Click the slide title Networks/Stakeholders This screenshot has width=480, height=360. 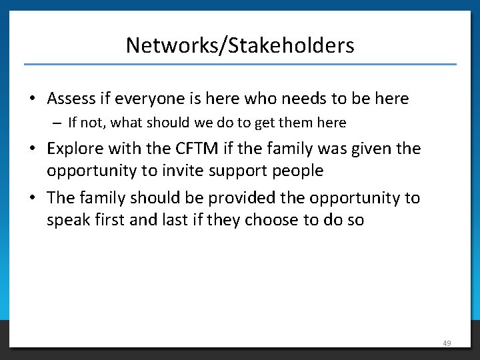[x=240, y=45]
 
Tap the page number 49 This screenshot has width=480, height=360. [x=447, y=343]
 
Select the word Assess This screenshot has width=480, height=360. [x=70, y=99]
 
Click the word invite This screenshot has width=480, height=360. [x=180, y=171]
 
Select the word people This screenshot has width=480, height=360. [x=297, y=171]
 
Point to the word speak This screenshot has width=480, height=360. [x=69, y=220]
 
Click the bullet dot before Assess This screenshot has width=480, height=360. [x=32, y=99]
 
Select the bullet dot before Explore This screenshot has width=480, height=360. [x=32, y=148]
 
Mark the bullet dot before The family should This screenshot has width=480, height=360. [x=32, y=198]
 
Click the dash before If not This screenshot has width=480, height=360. [x=59, y=123]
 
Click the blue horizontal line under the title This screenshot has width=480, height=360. [x=240, y=64]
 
